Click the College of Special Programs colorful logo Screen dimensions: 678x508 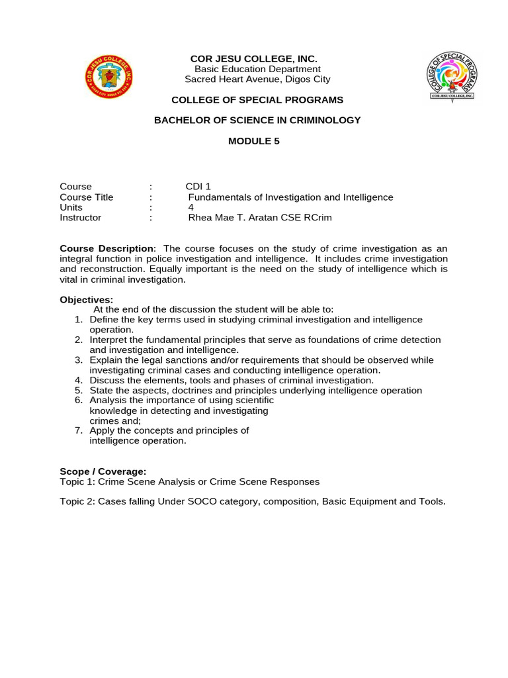(x=452, y=76)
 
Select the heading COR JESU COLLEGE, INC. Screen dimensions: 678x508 (x=254, y=59)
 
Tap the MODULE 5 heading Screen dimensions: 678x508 (x=254, y=141)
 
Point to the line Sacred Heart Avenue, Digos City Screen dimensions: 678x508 (x=257, y=79)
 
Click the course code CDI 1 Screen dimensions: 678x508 (x=198, y=187)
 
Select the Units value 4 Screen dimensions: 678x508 (x=191, y=207)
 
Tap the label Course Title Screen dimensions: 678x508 (x=86, y=197)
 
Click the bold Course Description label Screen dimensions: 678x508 (x=106, y=248)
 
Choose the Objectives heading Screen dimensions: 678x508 (x=86, y=300)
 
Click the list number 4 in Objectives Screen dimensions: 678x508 (x=78, y=381)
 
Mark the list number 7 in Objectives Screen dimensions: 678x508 (x=78, y=430)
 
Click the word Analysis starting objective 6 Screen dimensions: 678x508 (x=108, y=401)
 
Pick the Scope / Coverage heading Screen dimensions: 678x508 (x=103, y=471)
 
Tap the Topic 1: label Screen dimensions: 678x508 (x=77, y=482)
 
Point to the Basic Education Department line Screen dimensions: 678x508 (x=257, y=69)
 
